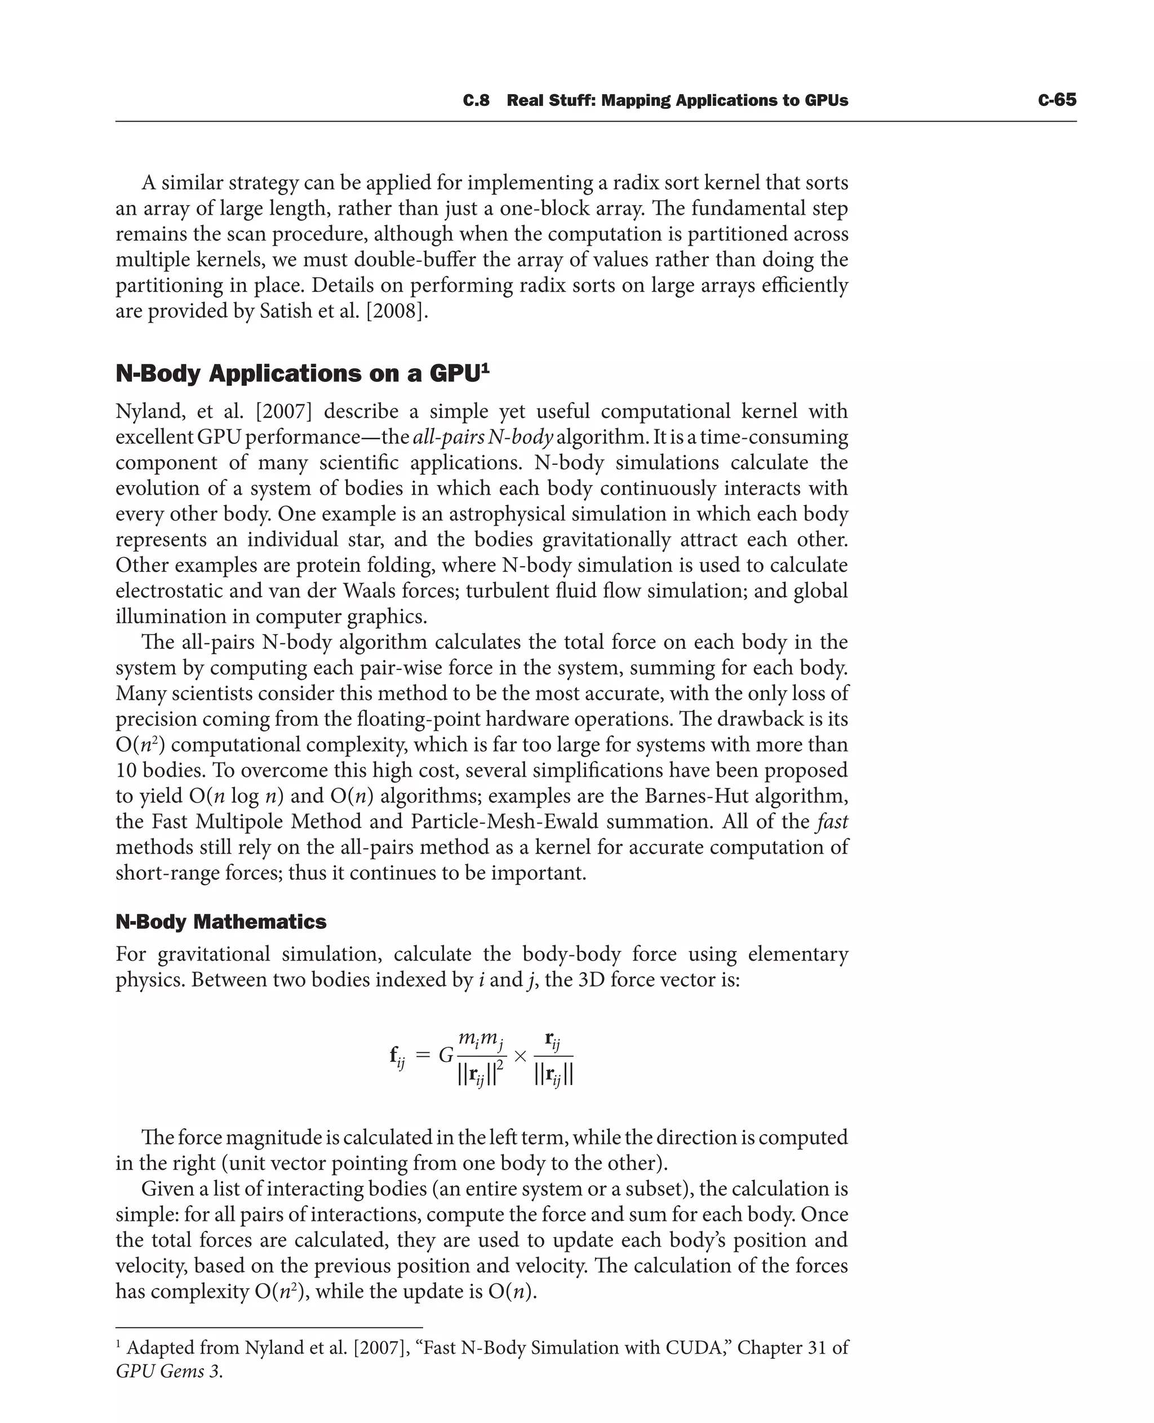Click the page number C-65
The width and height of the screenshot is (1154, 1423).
click(x=1057, y=100)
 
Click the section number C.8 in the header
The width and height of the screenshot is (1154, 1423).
click(x=476, y=100)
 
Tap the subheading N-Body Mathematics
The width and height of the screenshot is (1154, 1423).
click(x=221, y=922)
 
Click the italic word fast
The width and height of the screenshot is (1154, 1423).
click(x=832, y=821)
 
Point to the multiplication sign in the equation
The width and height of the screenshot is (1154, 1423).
click(x=521, y=1056)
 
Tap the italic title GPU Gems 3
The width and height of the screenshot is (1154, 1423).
click(x=169, y=1372)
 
